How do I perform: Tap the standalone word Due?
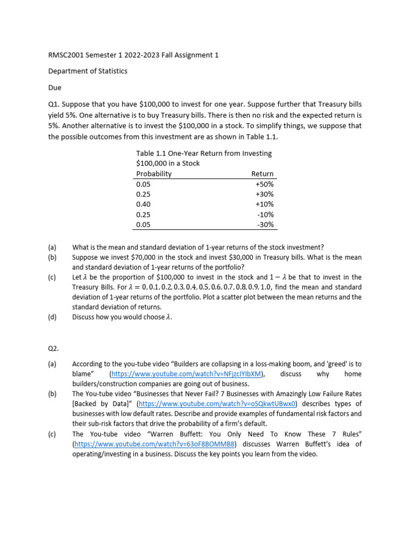pos(55,87)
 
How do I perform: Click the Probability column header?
pos(154,174)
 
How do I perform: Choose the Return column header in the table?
pos(262,174)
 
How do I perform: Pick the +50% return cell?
pos(264,184)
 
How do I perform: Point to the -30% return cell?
pos(265,224)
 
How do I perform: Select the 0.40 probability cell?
pos(144,204)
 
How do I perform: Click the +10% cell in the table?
pos(264,204)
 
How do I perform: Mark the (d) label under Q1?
pos(52,317)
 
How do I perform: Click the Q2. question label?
pos(54,348)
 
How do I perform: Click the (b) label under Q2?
pos(52,394)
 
